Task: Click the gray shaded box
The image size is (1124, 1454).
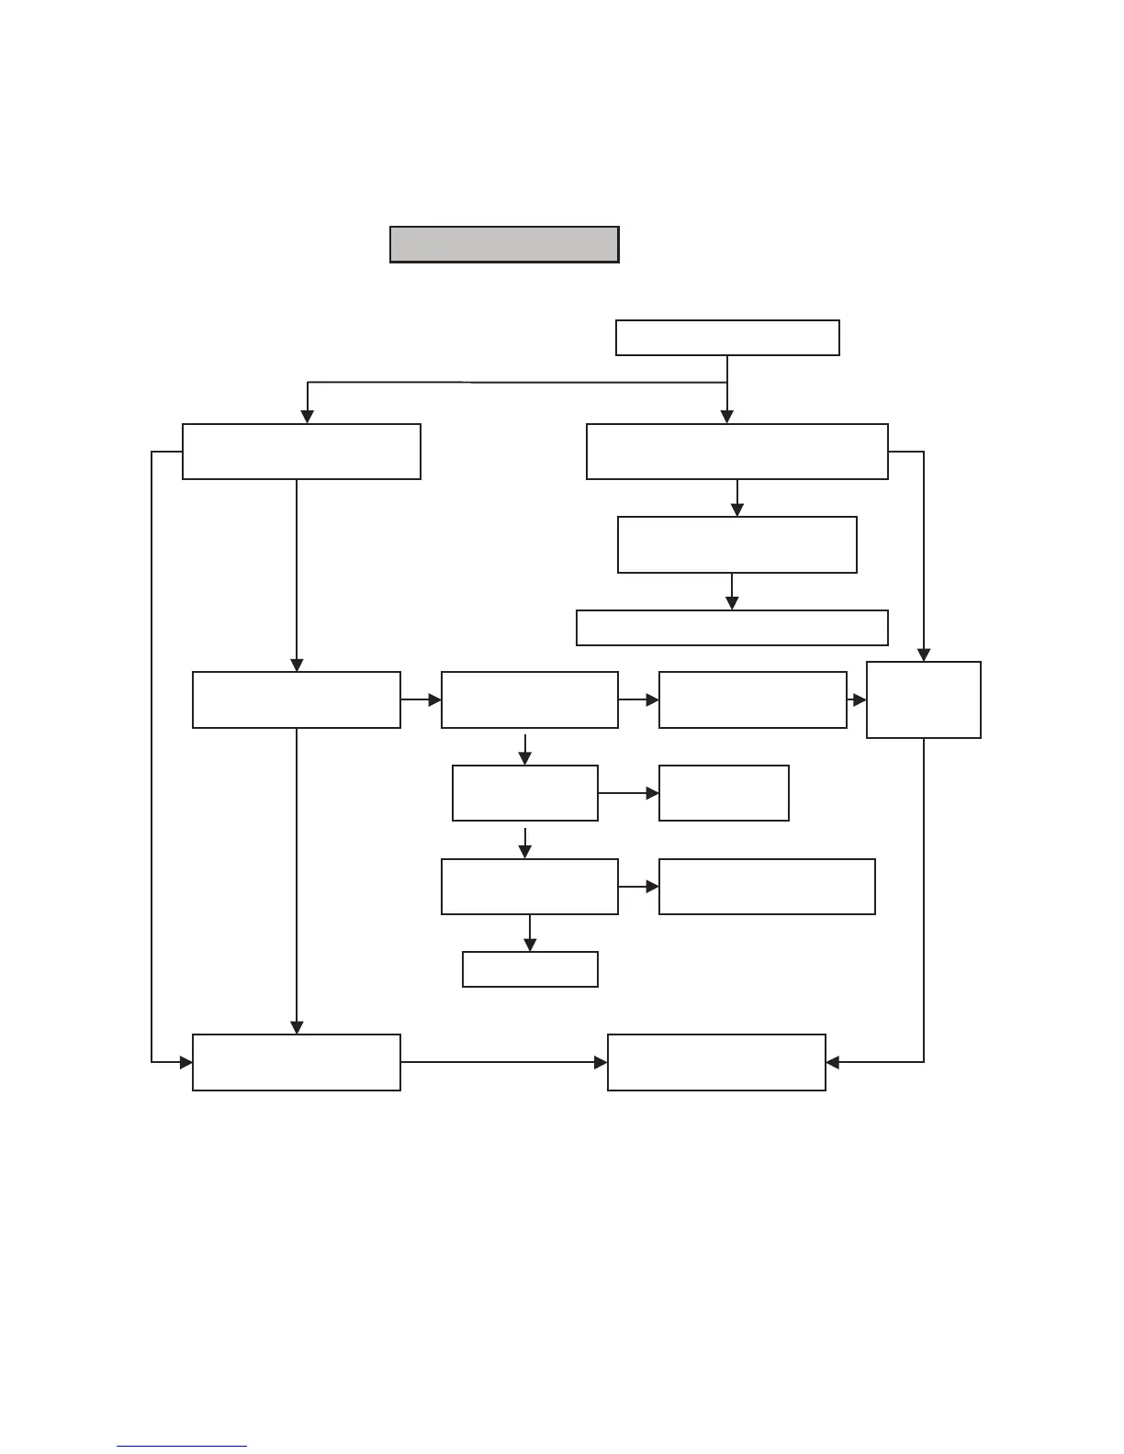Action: pyautogui.click(x=504, y=244)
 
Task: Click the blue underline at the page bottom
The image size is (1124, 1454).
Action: pyautogui.click(x=182, y=1447)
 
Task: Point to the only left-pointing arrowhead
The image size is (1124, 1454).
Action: pyautogui.click(x=833, y=1062)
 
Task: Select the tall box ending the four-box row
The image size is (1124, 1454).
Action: pyautogui.click(x=923, y=699)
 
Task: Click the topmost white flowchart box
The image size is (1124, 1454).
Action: pyautogui.click(x=727, y=337)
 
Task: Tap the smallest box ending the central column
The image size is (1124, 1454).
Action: pyautogui.click(x=530, y=968)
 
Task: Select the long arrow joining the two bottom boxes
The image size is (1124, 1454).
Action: pyautogui.click(x=503, y=1062)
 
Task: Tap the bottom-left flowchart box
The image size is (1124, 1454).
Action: pyautogui.click(x=296, y=1062)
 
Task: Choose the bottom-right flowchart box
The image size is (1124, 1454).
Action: pyautogui.click(x=716, y=1062)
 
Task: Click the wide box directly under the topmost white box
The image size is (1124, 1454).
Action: pyautogui.click(x=736, y=452)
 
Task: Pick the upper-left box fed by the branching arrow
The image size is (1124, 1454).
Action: pyautogui.click(x=301, y=452)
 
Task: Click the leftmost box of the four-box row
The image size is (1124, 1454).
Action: pyautogui.click(x=296, y=699)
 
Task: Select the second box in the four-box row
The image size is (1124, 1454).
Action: pyautogui.click(x=529, y=699)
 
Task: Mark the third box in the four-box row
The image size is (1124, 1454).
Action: pyautogui.click(x=752, y=699)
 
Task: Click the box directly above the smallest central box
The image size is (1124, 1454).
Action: pyautogui.click(x=529, y=886)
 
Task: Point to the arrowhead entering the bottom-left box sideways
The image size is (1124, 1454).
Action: pyautogui.click(x=186, y=1062)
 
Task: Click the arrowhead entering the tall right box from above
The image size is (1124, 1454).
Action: pyautogui.click(x=924, y=655)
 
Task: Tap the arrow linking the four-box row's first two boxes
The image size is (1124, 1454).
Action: pyautogui.click(x=421, y=699)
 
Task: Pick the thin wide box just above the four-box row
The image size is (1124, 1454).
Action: pyautogui.click(x=732, y=628)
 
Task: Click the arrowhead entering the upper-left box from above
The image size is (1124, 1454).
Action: pyautogui.click(x=308, y=417)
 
